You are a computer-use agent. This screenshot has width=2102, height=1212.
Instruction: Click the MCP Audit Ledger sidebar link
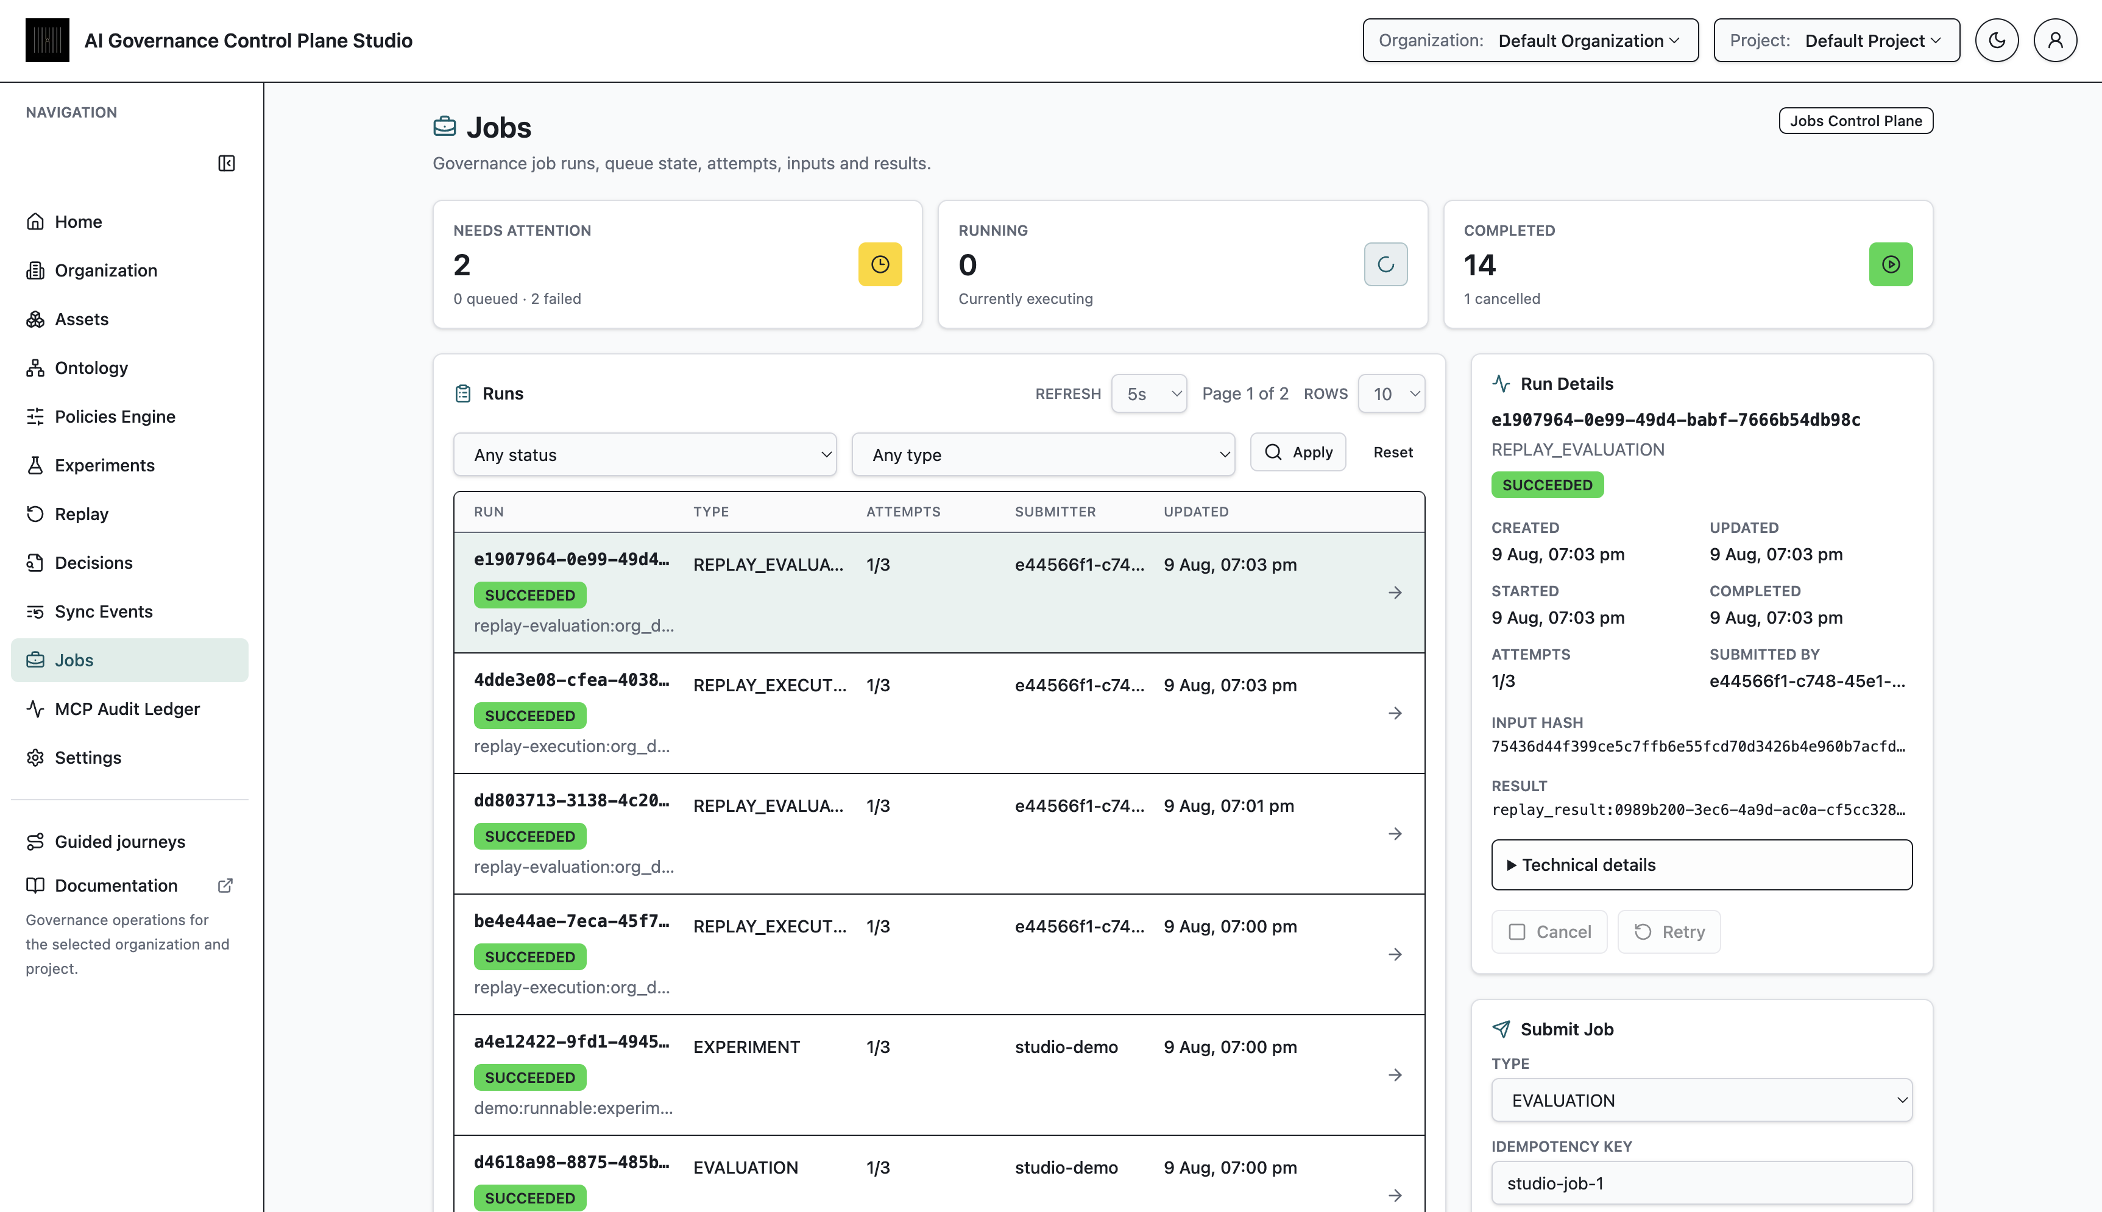(127, 708)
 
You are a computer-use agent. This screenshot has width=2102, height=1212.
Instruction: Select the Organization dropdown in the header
(1530, 41)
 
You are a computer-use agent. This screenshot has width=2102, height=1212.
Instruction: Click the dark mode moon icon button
(1996, 41)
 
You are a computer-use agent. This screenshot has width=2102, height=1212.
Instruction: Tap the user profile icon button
(2054, 41)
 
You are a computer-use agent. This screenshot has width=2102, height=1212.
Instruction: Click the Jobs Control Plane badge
(1856, 121)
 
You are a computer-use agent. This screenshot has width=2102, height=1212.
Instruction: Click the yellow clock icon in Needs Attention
(880, 265)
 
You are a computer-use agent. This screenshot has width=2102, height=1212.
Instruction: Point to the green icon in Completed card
(1891, 265)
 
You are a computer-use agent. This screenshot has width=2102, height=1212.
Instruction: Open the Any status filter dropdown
(645, 454)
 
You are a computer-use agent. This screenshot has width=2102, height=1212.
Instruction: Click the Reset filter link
(1393, 452)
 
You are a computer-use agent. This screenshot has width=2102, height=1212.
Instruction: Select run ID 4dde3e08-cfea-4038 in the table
(571, 680)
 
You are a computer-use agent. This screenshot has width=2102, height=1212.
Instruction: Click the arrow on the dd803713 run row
(1395, 834)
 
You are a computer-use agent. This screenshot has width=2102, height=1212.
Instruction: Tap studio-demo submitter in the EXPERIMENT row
(1066, 1047)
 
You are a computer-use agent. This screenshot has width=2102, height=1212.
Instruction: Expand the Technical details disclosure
(1702, 865)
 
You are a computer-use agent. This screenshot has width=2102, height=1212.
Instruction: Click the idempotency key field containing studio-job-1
(1702, 1183)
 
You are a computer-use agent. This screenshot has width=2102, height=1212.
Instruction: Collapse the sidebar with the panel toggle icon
(227, 163)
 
